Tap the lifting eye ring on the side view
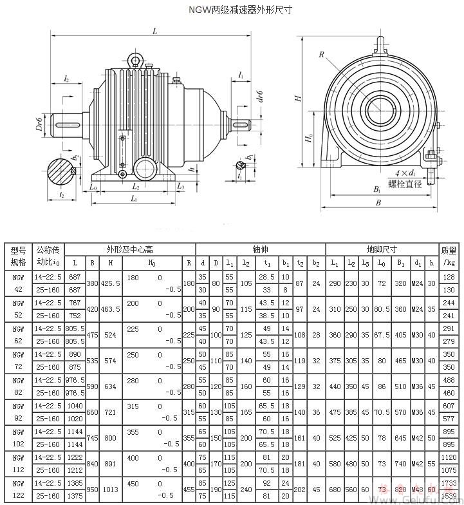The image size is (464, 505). tap(136, 60)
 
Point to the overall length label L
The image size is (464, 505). tap(155, 31)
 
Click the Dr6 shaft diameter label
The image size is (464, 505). tap(39, 122)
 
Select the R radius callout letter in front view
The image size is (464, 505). tap(321, 55)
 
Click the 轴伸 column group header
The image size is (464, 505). tap(260, 249)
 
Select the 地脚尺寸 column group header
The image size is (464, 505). tap(382, 249)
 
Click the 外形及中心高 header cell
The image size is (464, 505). tap(129, 249)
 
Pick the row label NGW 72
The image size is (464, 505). tap(18, 361)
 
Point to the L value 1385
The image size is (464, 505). tap(75, 482)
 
